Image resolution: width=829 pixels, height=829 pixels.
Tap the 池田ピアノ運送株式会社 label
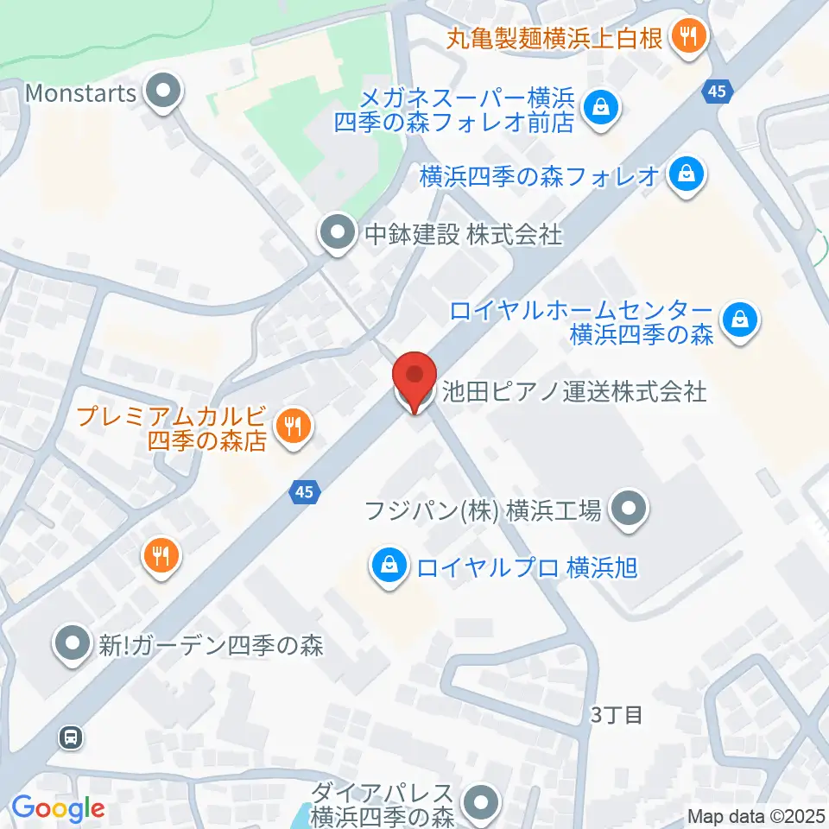[573, 392]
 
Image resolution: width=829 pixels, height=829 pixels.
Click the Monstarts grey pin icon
[161, 91]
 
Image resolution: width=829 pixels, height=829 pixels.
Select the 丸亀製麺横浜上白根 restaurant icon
[688, 36]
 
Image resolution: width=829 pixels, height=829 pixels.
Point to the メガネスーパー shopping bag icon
[598, 109]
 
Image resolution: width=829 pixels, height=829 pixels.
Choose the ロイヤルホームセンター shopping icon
[740, 320]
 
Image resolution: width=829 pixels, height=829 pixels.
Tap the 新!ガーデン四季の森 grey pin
[73, 643]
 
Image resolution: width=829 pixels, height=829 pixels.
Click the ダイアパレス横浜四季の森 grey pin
[481, 802]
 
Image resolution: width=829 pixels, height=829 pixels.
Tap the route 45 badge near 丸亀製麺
[719, 91]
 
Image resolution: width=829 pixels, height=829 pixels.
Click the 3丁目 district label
[617, 715]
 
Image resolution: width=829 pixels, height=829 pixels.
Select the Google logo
[58, 809]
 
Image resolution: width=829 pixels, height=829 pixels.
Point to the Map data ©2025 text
[756, 815]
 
